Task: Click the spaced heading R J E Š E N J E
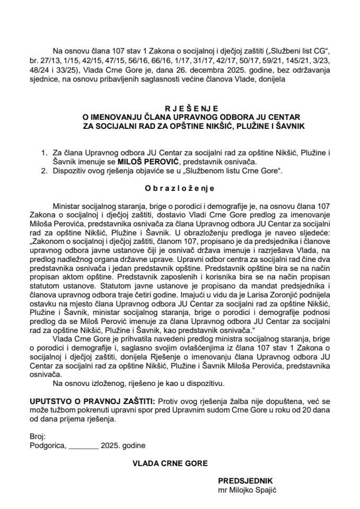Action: click(180, 106)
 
